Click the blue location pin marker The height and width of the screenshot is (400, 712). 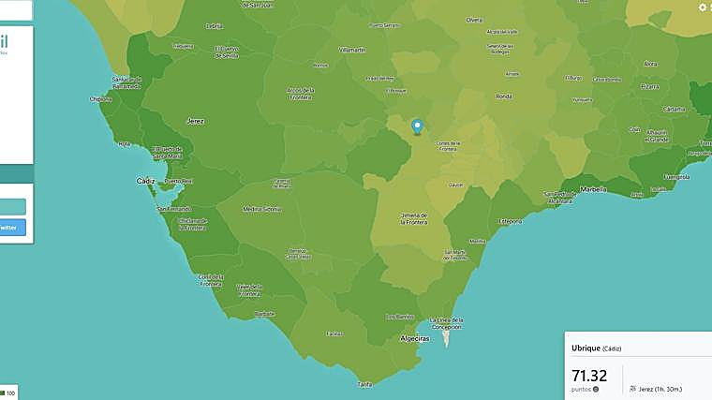(418, 126)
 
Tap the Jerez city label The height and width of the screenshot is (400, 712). (196, 121)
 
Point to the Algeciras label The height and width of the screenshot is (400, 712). (414, 338)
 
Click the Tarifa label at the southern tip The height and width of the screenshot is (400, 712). (365, 383)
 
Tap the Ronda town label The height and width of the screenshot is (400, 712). (504, 96)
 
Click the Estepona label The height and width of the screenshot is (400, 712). (510, 221)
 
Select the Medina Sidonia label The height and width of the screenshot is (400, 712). (261, 209)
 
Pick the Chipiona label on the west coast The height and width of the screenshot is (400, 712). (100, 98)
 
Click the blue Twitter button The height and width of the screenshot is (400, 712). (12, 227)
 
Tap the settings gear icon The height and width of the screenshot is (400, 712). (703, 7)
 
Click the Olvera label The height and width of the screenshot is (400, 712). (475, 19)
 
